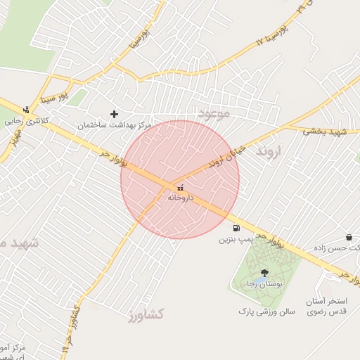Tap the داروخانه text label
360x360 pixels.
180,198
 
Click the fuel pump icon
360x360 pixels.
236,228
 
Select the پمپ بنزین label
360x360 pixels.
235,240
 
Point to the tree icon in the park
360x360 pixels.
264,273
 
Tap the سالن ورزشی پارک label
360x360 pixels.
266,311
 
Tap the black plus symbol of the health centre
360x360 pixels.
115,113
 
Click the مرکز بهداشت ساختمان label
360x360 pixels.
115,124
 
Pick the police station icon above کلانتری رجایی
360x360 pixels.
26,110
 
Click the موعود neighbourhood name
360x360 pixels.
214,114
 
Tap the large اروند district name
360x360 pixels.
268,151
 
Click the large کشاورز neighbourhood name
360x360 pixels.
146,314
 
